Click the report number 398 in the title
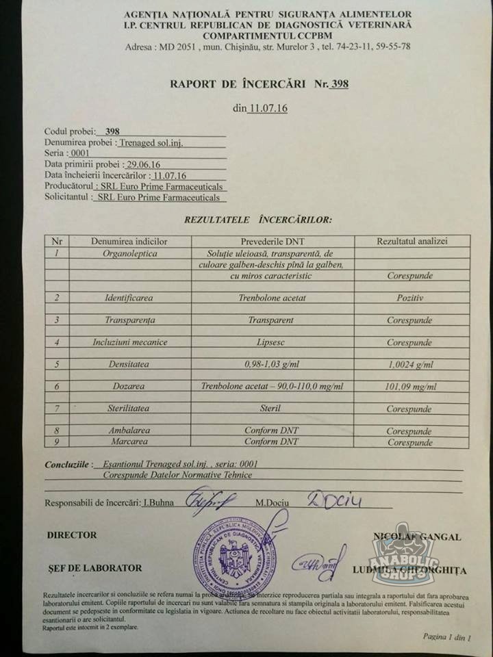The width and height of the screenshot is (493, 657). pos(339,84)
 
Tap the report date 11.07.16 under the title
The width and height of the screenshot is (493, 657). pos(268,107)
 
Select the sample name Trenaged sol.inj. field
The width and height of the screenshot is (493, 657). pos(151,142)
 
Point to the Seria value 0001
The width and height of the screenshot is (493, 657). pos(80,153)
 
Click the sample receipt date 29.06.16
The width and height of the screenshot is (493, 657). pos(143,164)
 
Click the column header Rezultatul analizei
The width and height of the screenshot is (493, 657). pos(412,241)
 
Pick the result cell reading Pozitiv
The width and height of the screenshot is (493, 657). pos(409,298)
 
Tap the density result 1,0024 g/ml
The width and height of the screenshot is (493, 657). pos(409,364)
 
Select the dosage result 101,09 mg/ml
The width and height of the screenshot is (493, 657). pos(409,386)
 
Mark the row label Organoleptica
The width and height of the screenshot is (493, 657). pos(130,253)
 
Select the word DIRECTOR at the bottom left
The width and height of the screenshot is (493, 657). pos(72,535)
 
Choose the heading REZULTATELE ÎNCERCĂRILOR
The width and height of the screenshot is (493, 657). pos(258,220)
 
